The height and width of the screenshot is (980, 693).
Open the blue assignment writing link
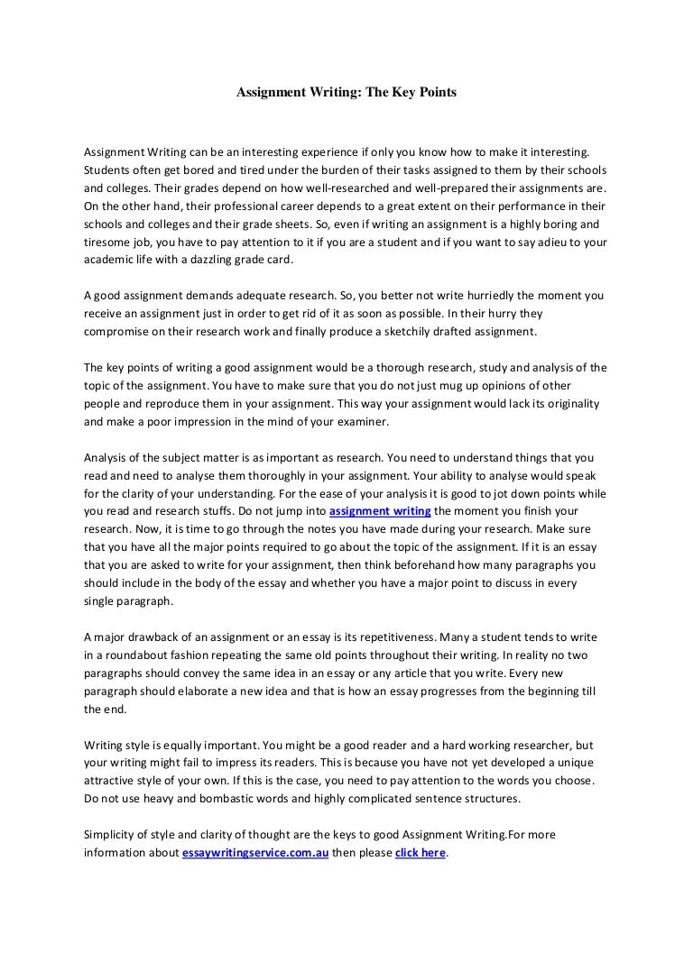[x=381, y=511]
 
